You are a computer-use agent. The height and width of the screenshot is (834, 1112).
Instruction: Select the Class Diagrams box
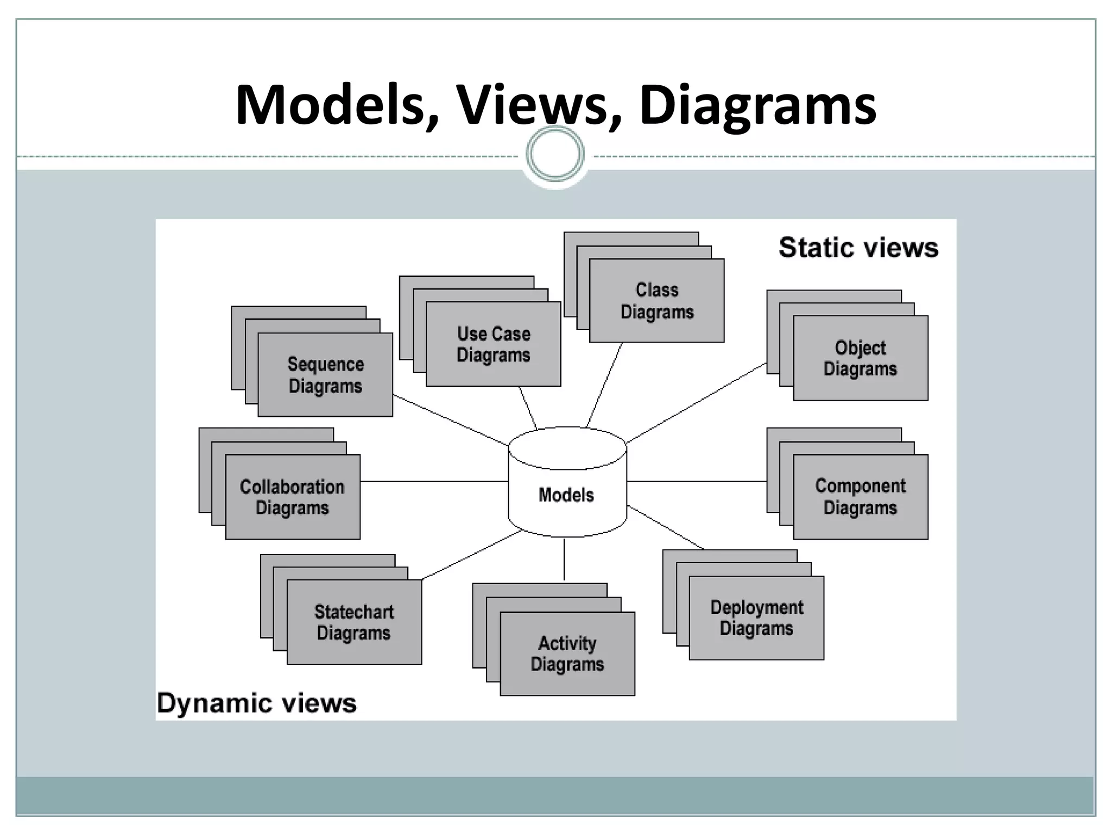point(656,301)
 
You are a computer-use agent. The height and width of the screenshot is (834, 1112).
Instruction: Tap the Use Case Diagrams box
point(493,344)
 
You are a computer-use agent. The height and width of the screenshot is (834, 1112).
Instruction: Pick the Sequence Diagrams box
point(325,375)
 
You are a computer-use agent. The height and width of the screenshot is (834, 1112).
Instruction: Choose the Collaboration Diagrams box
point(293,497)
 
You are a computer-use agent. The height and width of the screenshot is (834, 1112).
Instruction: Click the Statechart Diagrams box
point(354,622)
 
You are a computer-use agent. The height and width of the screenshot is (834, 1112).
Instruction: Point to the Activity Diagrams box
point(567,654)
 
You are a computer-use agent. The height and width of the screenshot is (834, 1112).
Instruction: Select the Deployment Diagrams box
point(756,618)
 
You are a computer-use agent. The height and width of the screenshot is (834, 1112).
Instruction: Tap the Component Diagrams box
point(861,497)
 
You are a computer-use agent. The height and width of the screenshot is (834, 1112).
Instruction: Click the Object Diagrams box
point(861,358)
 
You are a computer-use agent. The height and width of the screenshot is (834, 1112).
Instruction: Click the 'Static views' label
point(858,248)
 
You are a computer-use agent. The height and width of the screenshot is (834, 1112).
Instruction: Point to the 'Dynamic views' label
point(257,703)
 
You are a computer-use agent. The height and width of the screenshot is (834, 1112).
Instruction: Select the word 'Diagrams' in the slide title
point(757,106)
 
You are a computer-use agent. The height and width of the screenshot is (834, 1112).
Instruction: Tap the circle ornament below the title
point(555,154)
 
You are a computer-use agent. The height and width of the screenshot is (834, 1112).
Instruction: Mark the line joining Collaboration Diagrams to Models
point(434,481)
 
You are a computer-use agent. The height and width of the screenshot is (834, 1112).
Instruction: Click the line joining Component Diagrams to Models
point(697,481)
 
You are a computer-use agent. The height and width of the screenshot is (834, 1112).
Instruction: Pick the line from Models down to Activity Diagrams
point(564,559)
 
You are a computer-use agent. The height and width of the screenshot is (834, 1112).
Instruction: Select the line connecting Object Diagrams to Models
point(697,403)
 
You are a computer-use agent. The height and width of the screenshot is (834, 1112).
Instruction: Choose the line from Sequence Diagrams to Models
point(451,420)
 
